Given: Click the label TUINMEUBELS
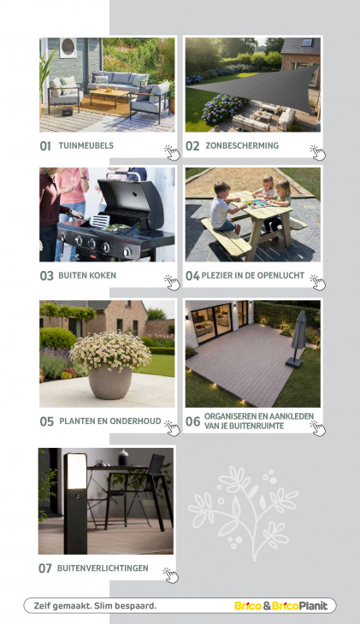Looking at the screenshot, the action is (x=86, y=145).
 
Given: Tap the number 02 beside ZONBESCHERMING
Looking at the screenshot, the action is (x=192, y=146).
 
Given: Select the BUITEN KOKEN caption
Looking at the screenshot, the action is (x=87, y=275).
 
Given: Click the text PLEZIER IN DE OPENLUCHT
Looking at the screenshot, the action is (x=253, y=275).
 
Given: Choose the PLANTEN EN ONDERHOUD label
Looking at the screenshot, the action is (x=110, y=421).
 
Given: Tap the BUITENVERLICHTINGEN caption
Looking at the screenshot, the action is (x=103, y=568).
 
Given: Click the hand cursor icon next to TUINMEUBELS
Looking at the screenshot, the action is (x=172, y=152).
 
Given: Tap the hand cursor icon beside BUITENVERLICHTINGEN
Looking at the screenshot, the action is (x=170, y=575).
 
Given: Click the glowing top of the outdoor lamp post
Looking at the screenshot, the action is (x=75, y=472).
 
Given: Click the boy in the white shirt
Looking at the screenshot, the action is (x=224, y=207).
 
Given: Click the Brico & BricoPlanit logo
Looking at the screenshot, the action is (x=280, y=606).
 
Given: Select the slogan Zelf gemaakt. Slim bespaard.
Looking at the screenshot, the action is (x=95, y=606).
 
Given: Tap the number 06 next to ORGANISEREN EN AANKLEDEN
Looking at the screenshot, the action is (x=192, y=421).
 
